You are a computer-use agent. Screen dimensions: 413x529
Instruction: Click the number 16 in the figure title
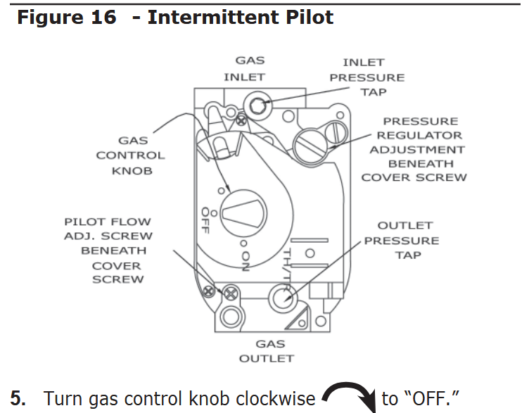point(98,17)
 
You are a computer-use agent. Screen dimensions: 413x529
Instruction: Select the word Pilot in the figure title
point(305,17)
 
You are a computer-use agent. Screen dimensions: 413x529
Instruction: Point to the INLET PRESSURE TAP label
point(368,77)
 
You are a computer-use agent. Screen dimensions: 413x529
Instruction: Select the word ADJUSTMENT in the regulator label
point(417,149)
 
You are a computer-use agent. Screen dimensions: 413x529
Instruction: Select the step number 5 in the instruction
point(19,399)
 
